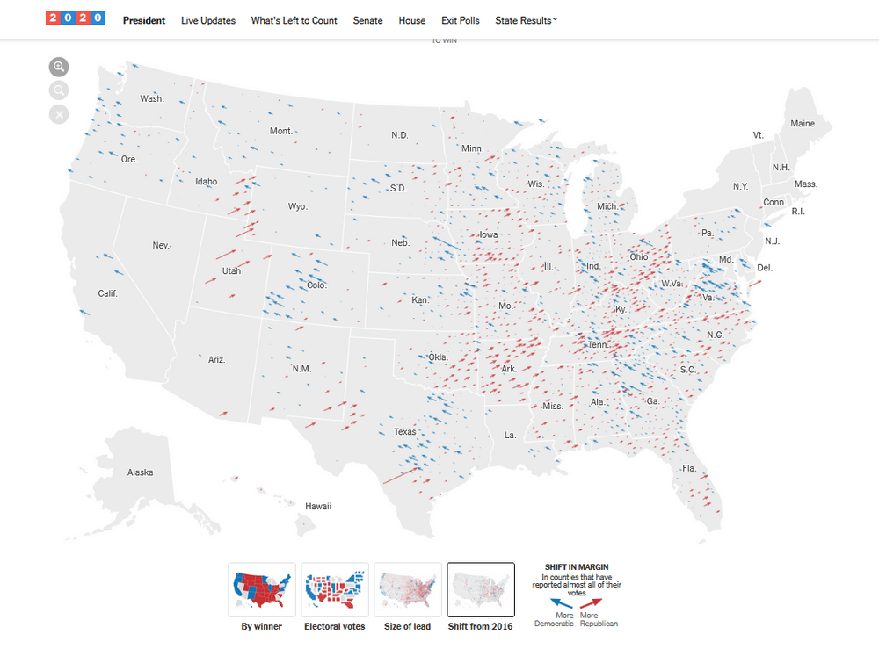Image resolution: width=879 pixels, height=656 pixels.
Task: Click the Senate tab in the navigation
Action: (x=367, y=20)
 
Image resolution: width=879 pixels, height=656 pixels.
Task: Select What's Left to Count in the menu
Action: (x=294, y=20)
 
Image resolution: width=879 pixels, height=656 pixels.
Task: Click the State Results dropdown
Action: (x=526, y=20)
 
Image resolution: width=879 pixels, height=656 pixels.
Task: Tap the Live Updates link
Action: (x=207, y=20)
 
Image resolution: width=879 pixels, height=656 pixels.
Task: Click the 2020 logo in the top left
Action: (x=76, y=18)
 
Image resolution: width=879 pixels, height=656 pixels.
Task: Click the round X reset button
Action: (x=59, y=114)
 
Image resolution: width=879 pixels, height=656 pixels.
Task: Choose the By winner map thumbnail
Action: (x=262, y=590)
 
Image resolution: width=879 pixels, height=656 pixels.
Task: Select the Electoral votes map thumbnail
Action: (x=335, y=590)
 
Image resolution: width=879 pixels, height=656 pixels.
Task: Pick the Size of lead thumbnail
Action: (x=408, y=590)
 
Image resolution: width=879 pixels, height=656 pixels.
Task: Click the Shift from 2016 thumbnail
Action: (x=481, y=590)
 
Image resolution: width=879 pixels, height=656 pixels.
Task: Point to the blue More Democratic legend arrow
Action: (x=561, y=603)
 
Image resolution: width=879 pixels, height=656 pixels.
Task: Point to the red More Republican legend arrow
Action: (x=592, y=603)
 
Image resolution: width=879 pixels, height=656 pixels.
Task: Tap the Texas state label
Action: (x=405, y=432)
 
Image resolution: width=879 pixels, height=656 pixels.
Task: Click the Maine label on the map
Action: (x=803, y=124)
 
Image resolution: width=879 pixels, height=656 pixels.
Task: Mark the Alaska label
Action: (x=140, y=472)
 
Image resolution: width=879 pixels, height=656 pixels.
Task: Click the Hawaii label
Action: (x=317, y=507)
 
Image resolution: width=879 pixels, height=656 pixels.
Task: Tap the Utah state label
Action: (x=231, y=271)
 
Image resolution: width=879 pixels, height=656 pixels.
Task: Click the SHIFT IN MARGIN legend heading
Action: (x=577, y=567)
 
